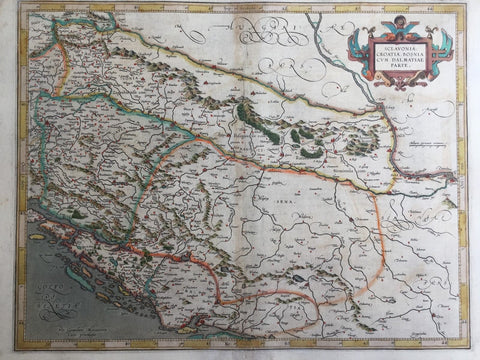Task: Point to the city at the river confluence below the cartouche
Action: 378,105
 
